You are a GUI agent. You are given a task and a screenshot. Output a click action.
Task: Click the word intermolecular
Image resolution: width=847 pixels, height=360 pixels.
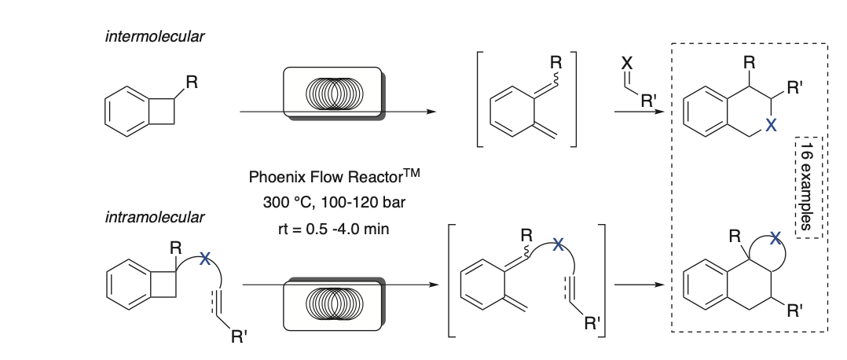pyautogui.click(x=149, y=37)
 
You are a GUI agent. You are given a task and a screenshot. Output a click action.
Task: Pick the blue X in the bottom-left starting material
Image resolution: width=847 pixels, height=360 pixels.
pyautogui.click(x=204, y=257)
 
